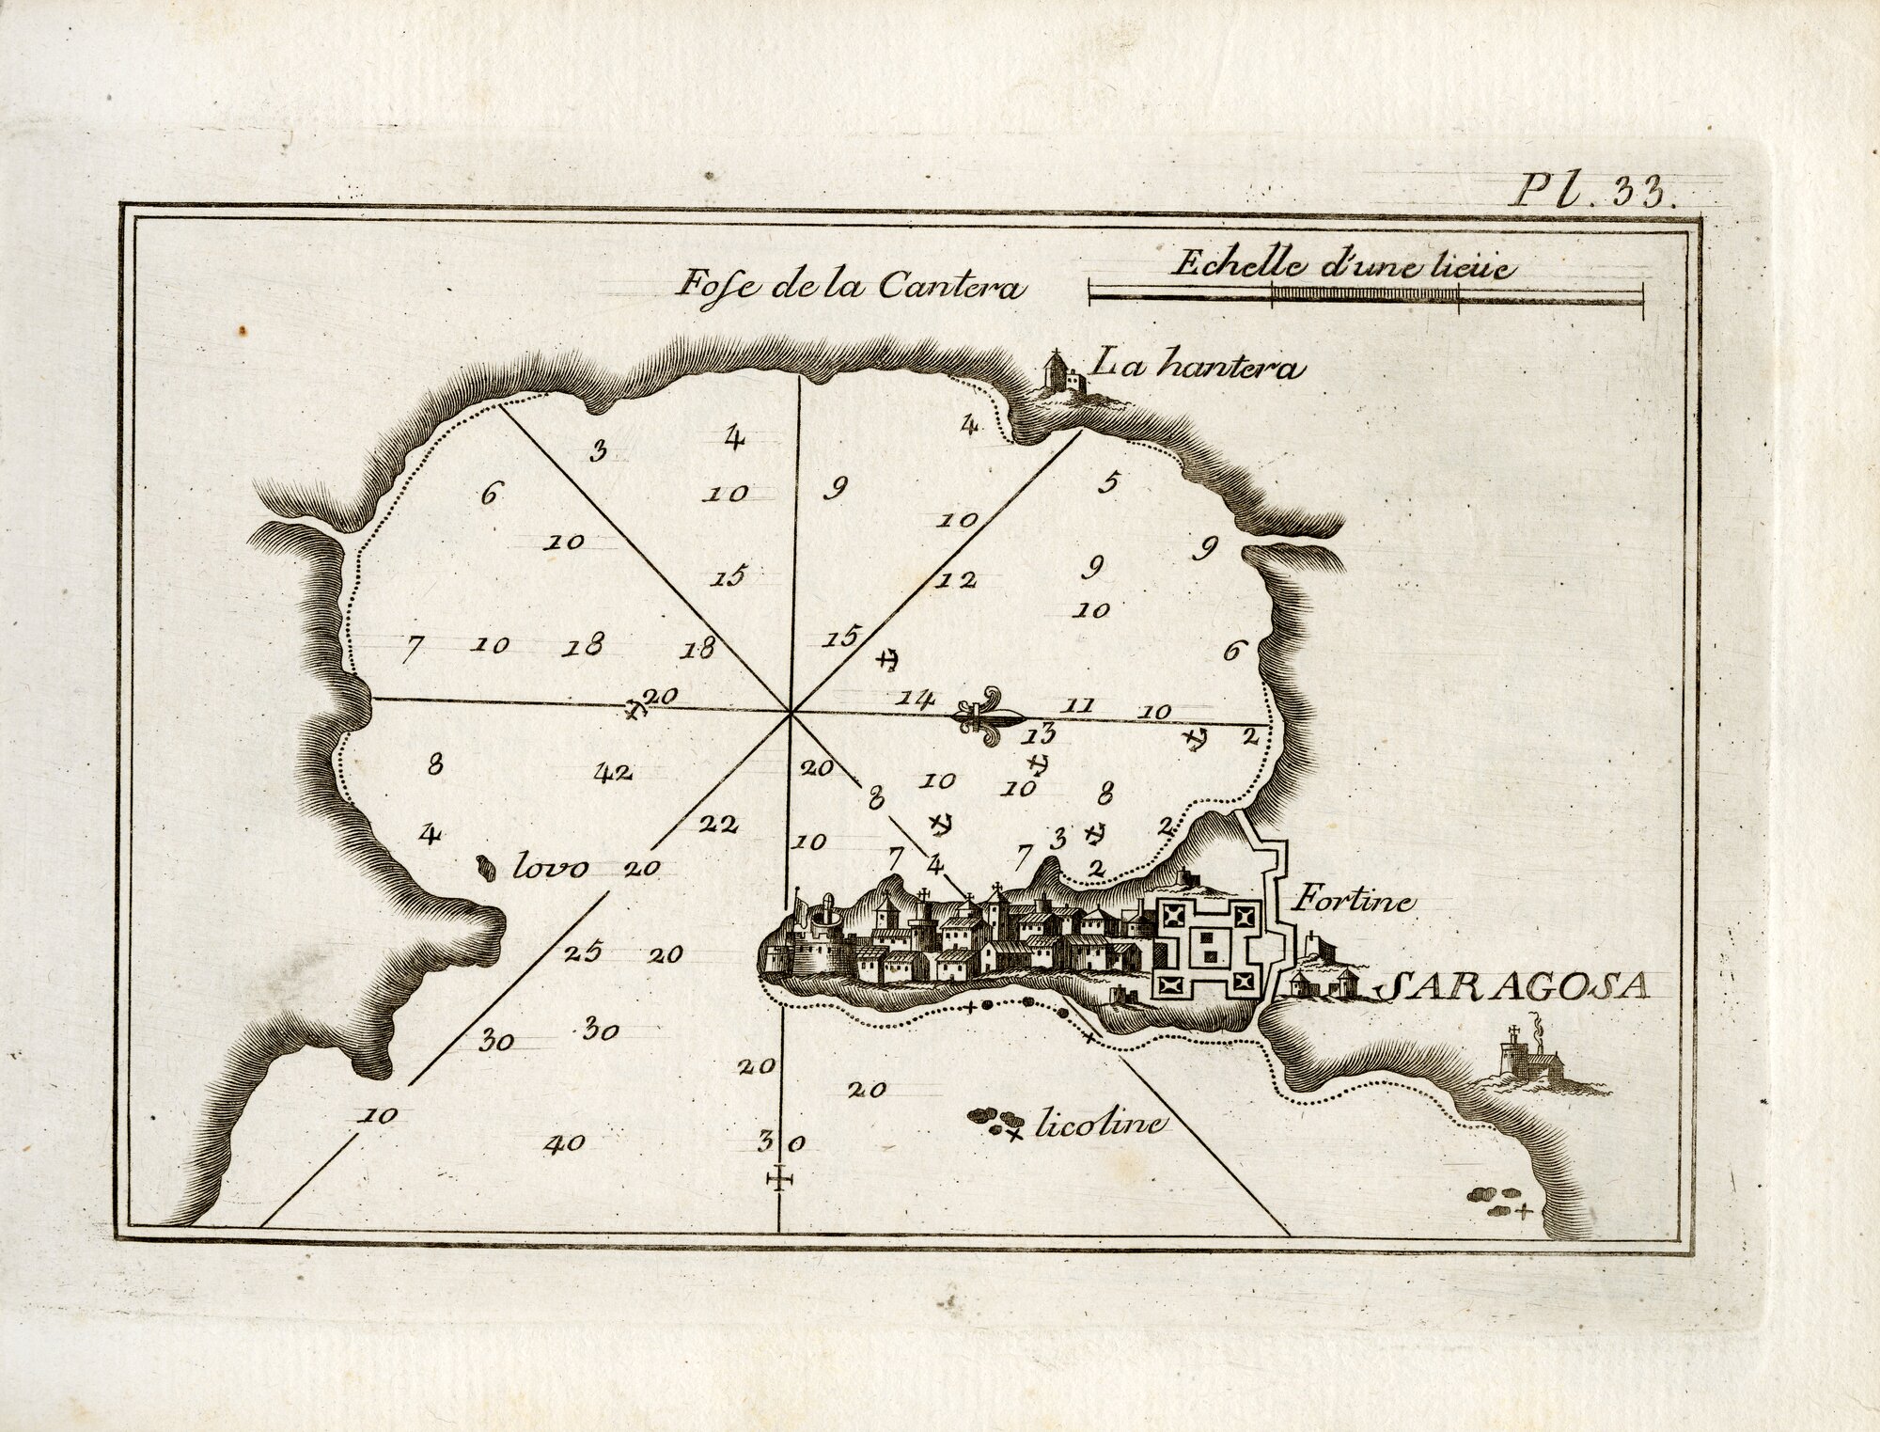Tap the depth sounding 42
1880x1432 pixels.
(x=614, y=773)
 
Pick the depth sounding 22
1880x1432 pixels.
(x=719, y=825)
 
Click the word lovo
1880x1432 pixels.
(x=550, y=867)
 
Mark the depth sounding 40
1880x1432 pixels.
(x=565, y=1143)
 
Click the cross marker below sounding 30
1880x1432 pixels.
(x=779, y=1178)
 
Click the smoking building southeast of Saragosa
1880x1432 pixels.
(x=1536, y=1062)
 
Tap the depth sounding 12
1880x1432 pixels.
(x=956, y=579)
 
